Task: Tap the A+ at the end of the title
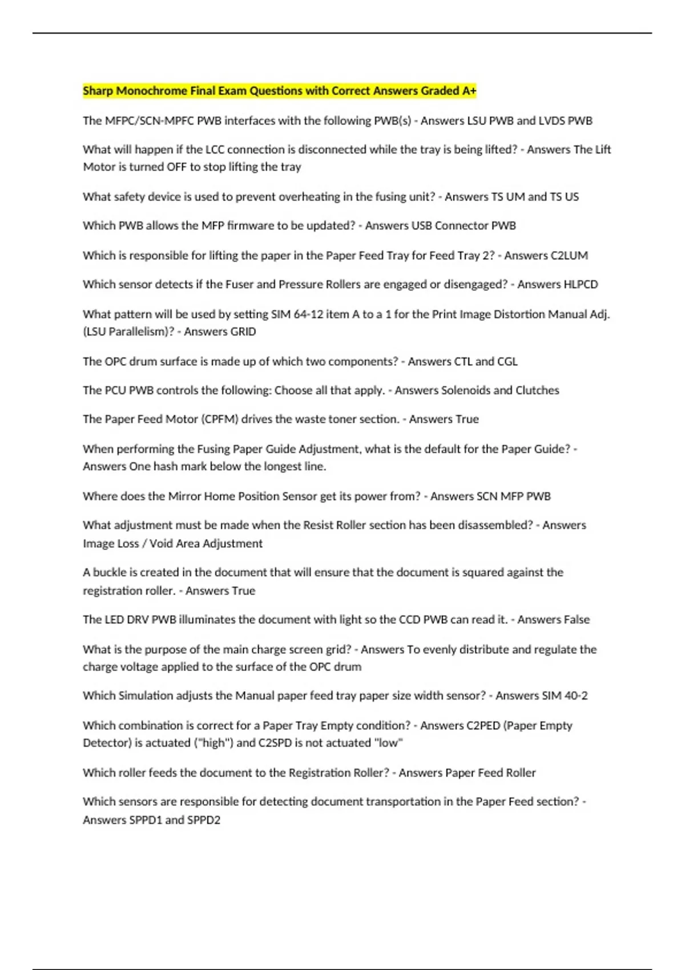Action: click(469, 91)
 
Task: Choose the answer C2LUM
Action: click(566, 255)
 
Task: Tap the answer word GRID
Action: click(243, 332)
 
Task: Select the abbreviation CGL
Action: click(507, 361)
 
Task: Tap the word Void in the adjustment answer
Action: click(162, 543)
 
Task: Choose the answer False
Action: click(573, 620)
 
